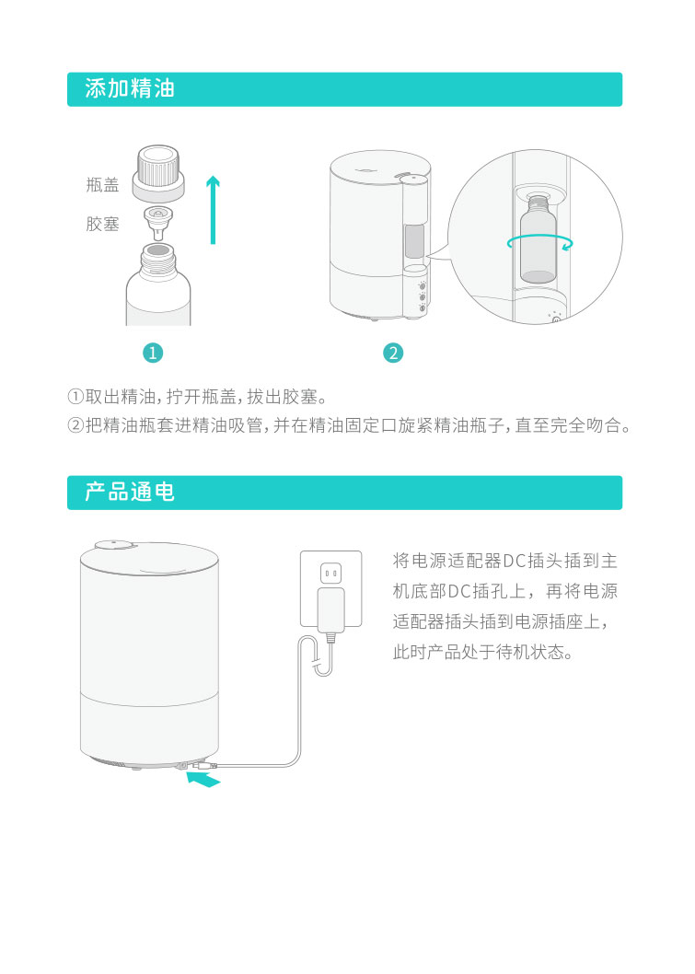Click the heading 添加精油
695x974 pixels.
click(x=130, y=88)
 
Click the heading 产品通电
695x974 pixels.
click(x=130, y=492)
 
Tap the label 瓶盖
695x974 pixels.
click(x=102, y=184)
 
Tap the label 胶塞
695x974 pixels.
click(x=102, y=224)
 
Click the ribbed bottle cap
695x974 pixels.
click(x=158, y=173)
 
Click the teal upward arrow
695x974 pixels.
click(x=213, y=209)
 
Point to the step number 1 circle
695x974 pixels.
click(x=153, y=353)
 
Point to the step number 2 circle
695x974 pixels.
click(x=393, y=353)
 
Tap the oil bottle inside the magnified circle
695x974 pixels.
click(x=538, y=239)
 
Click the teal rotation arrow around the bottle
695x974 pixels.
click(x=539, y=243)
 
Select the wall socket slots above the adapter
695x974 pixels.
click(x=331, y=573)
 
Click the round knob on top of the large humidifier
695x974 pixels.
click(x=116, y=544)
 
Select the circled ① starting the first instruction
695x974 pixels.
click(x=75, y=396)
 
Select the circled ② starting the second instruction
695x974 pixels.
click(x=75, y=425)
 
